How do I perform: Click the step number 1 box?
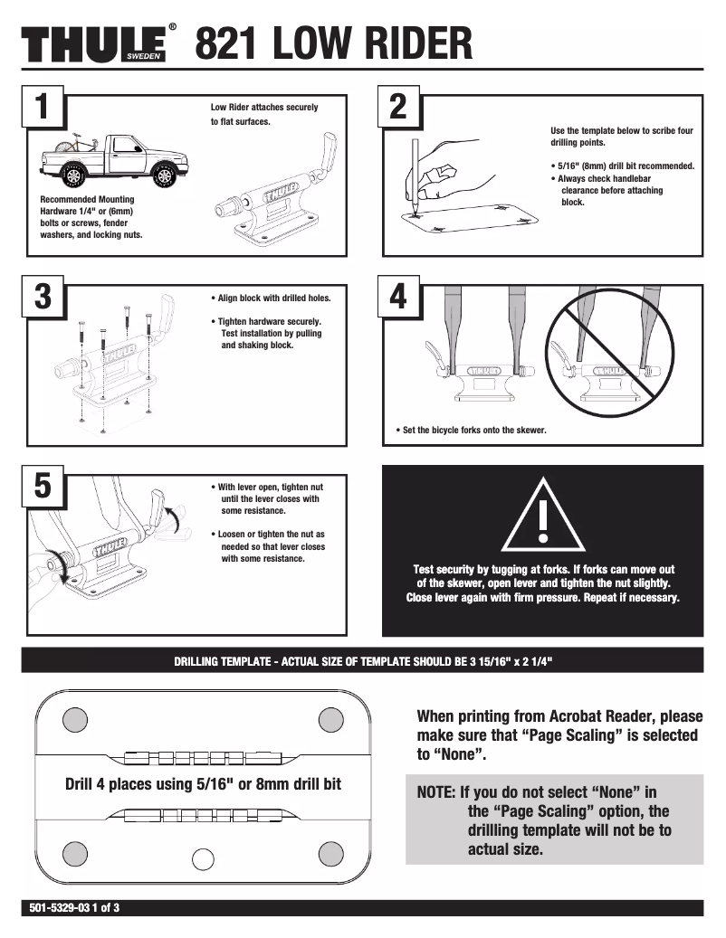[x=42, y=108]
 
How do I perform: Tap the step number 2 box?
[x=397, y=108]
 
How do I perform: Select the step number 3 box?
[x=42, y=298]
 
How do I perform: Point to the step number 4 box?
[x=397, y=298]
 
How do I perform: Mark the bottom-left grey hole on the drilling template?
[x=76, y=852]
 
